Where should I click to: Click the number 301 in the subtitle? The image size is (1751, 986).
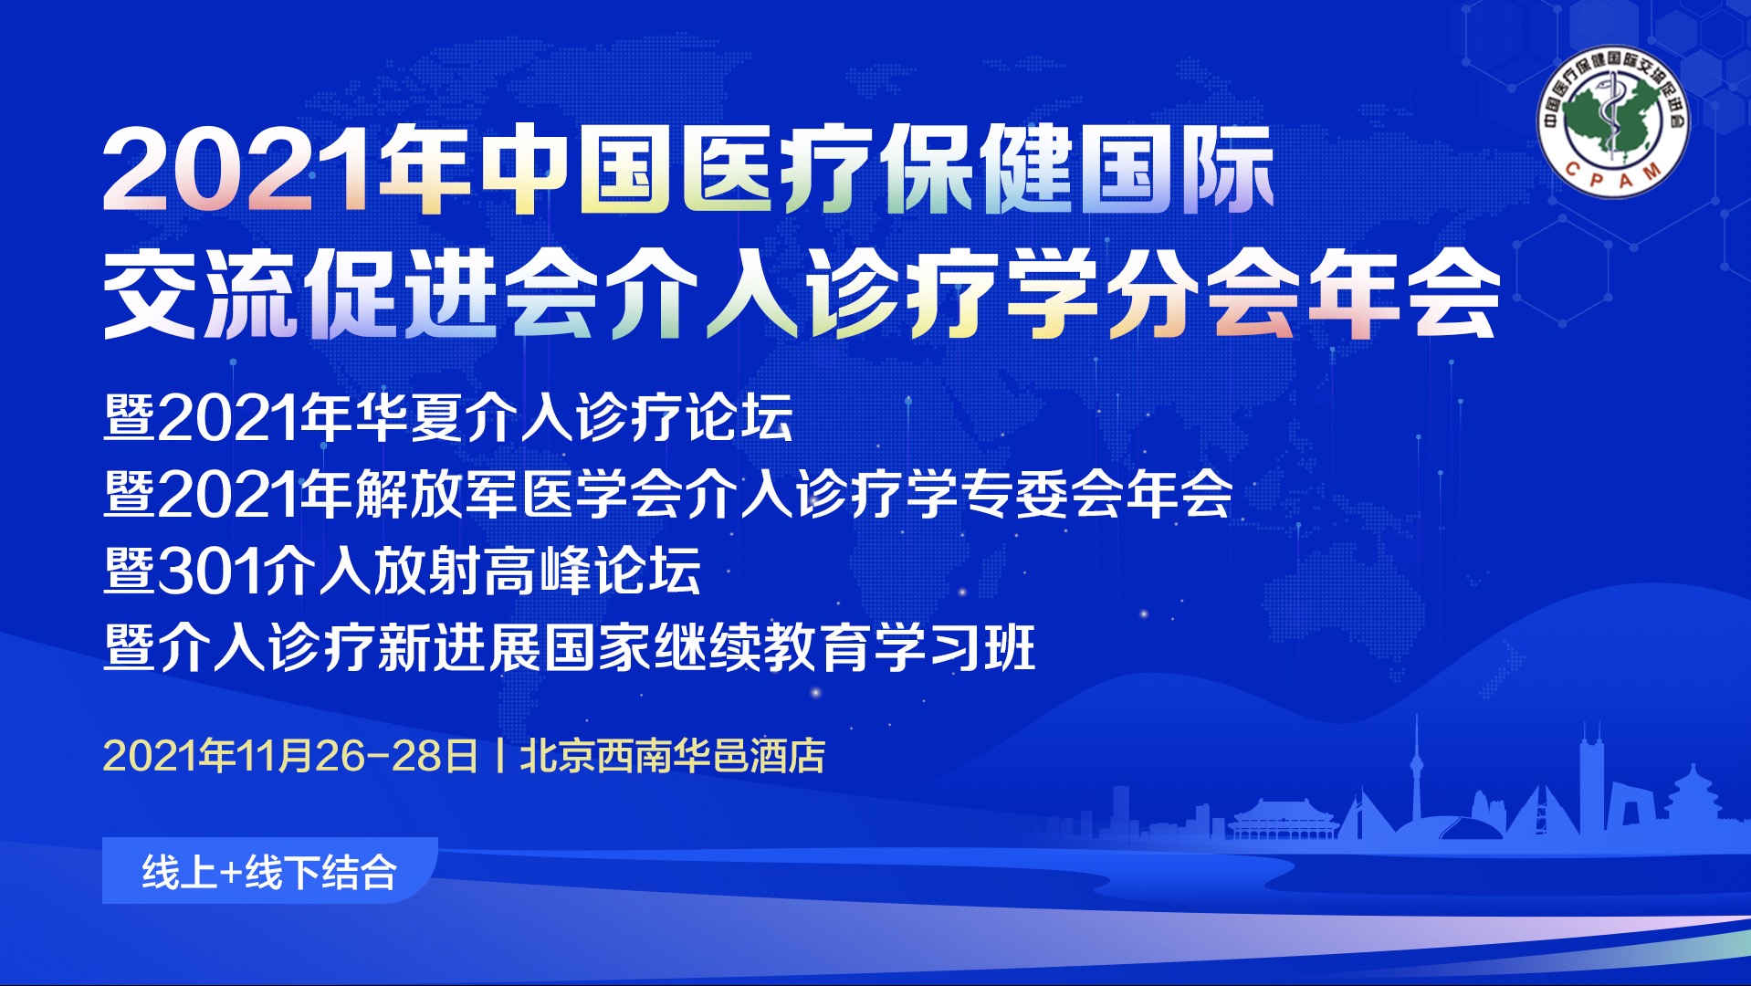click(210, 572)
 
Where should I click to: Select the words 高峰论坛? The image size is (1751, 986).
click(592, 571)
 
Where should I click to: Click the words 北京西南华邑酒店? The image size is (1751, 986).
click(672, 756)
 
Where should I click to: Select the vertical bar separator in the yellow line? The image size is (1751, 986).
click(499, 756)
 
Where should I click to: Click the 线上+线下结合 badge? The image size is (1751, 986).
click(269, 871)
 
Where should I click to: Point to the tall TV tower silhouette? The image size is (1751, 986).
click(1417, 776)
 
